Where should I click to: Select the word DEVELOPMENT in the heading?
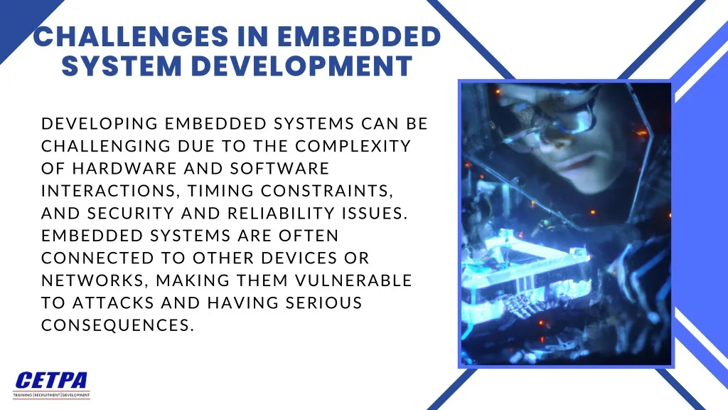click(301, 65)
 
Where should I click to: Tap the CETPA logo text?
click(51, 381)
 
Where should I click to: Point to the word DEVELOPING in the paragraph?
click(100, 124)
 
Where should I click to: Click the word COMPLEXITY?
click(353, 146)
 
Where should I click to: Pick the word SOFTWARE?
click(279, 168)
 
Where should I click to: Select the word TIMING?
click(220, 191)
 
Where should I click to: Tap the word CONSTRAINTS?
click(327, 191)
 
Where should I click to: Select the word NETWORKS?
click(96, 280)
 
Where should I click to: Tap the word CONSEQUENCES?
click(117, 325)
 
